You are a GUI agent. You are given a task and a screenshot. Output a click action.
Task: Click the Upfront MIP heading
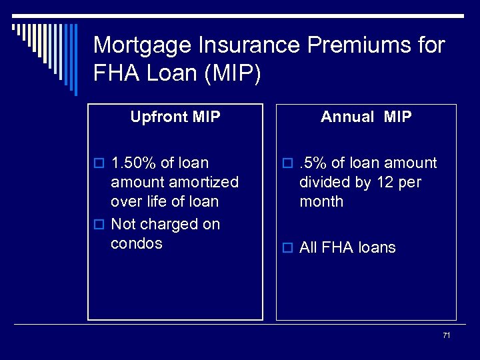point(175,117)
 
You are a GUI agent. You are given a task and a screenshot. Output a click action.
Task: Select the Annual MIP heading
point(366,117)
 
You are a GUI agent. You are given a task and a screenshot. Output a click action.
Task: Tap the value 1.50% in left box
point(133,163)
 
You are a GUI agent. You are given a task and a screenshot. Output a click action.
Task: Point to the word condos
point(136,243)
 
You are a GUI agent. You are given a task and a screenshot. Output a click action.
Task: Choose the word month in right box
point(321,201)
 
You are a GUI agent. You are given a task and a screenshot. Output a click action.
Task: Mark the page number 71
point(446,335)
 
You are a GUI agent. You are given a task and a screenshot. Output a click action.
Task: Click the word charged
point(165,224)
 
